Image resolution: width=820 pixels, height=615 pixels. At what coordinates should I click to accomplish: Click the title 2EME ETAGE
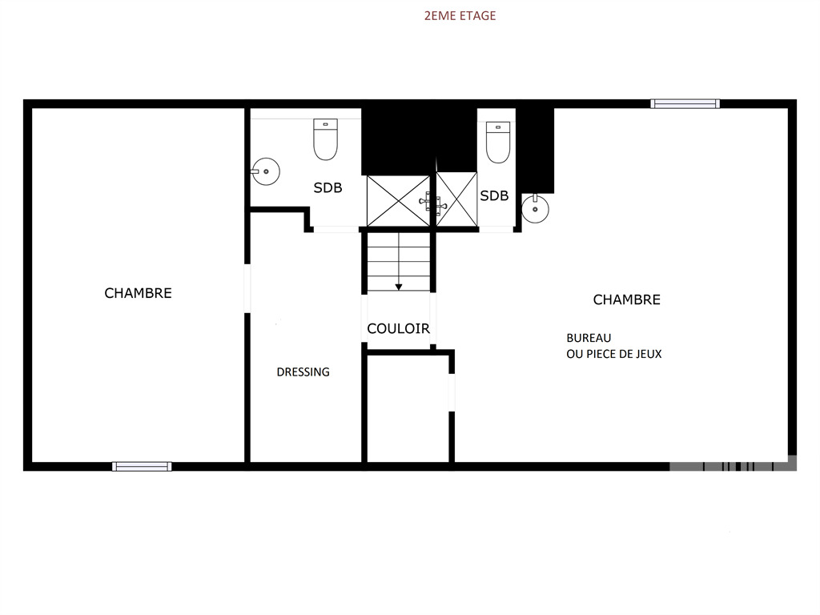point(460,16)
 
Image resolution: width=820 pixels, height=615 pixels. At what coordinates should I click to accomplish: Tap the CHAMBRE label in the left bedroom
point(138,293)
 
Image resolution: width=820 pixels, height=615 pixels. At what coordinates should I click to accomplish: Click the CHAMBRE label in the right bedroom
point(626,299)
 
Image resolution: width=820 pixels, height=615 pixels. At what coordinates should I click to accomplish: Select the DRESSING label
point(303,372)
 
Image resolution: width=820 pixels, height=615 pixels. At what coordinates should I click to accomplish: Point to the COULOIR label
point(399,328)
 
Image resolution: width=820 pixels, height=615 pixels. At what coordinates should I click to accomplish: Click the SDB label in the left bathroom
point(328,187)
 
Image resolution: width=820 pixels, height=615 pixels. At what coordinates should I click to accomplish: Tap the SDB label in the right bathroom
point(494,195)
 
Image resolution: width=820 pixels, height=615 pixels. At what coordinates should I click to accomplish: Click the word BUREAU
point(589,338)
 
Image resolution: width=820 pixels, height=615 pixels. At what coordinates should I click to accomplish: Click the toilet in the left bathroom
point(325,139)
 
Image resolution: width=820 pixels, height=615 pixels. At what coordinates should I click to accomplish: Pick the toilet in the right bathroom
point(498,143)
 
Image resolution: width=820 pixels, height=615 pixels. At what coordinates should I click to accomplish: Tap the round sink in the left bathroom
point(266,171)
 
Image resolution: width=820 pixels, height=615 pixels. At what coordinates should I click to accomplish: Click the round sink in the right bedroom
point(536,209)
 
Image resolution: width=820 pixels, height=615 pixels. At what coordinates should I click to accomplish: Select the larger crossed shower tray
point(399,201)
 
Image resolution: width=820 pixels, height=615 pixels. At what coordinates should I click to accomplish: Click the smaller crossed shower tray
point(456,199)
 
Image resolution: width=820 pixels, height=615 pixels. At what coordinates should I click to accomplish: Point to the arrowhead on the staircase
point(399,287)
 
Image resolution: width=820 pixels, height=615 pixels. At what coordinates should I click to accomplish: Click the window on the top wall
point(685,103)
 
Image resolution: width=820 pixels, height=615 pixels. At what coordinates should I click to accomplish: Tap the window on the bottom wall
point(142,467)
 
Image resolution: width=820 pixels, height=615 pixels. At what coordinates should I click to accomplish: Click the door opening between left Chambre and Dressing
point(247,288)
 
